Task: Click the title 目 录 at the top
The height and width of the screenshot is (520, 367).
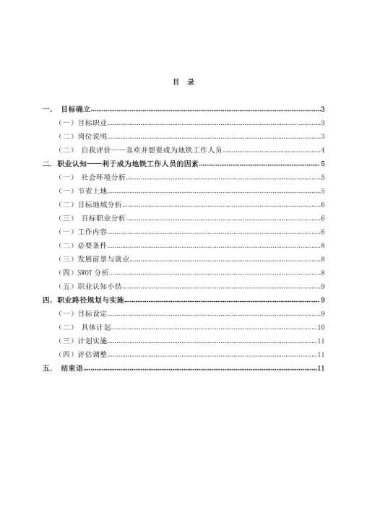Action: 183,82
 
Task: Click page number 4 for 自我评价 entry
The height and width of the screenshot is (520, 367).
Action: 322,150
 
